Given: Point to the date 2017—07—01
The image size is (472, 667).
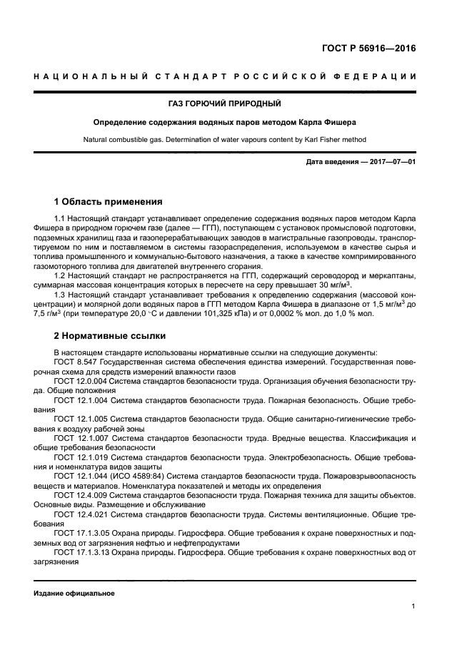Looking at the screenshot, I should click(391, 163).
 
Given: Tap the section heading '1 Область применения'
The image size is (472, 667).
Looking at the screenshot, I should click(108, 202).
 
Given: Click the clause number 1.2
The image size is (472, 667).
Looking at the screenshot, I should click(61, 275).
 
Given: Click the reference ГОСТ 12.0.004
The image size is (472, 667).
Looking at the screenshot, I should click(82, 382).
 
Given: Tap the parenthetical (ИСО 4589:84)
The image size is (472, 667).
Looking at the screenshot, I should click(143, 475).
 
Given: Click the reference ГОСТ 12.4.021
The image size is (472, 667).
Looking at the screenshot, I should click(82, 513).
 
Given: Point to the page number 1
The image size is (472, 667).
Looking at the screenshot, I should click(414, 606).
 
